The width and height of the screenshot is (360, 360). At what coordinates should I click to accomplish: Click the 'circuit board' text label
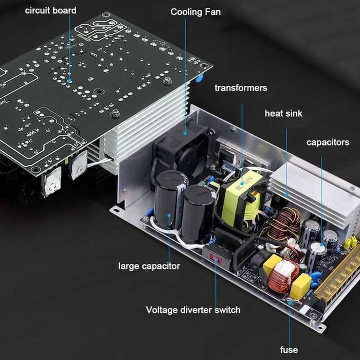[x=50, y=10]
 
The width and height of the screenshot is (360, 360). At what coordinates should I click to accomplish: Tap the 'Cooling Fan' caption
[x=195, y=11]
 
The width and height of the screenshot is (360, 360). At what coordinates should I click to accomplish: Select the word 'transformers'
[x=241, y=88]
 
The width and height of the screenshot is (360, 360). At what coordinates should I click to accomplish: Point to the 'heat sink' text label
[x=283, y=113]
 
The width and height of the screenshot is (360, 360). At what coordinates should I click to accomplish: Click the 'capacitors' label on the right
[x=328, y=142]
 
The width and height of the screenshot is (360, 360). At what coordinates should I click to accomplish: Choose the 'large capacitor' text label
[x=149, y=266]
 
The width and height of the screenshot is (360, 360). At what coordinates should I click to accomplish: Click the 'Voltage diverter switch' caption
[x=193, y=310]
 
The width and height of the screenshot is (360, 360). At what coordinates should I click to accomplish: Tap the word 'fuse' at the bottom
[x=289, y=350]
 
